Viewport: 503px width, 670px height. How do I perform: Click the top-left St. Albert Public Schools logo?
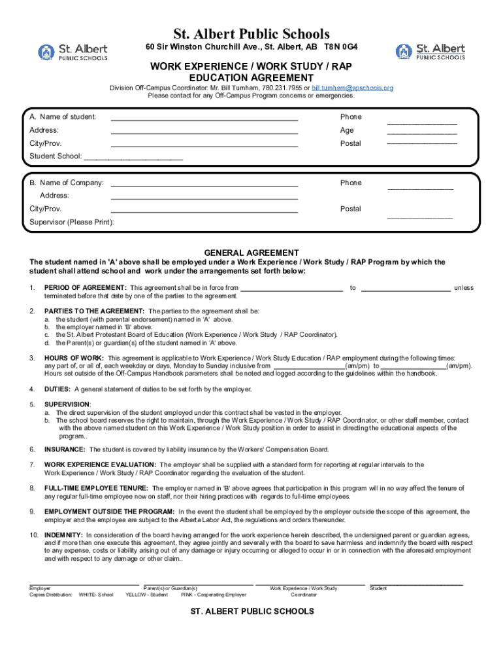(x=73, y=52)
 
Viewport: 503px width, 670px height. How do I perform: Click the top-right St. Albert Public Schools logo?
(x=430, y=52)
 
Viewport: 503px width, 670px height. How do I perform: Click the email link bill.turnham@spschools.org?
(x=352, y=88)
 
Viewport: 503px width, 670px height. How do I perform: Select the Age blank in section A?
(x=421, y=133)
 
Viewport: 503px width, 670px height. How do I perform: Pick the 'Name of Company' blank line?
(x=204, y=186)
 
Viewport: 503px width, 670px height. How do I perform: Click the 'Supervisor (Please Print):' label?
(x=72, y=222)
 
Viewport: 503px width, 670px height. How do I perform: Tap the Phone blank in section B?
(x=420, y=188)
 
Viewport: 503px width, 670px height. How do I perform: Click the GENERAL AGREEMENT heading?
(x=252, y=253)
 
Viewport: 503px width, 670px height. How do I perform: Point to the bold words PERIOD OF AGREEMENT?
(x=85, y=288)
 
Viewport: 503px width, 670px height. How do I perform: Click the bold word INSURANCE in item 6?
(x=65, y=450)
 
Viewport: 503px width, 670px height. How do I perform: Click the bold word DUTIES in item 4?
(x=57, y=389)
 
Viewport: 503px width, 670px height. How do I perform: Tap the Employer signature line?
(x=84, y=584)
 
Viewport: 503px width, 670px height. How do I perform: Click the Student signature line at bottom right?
(x=416, y=583)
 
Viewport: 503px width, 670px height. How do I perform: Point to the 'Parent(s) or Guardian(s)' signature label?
(x=170, y=589)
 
